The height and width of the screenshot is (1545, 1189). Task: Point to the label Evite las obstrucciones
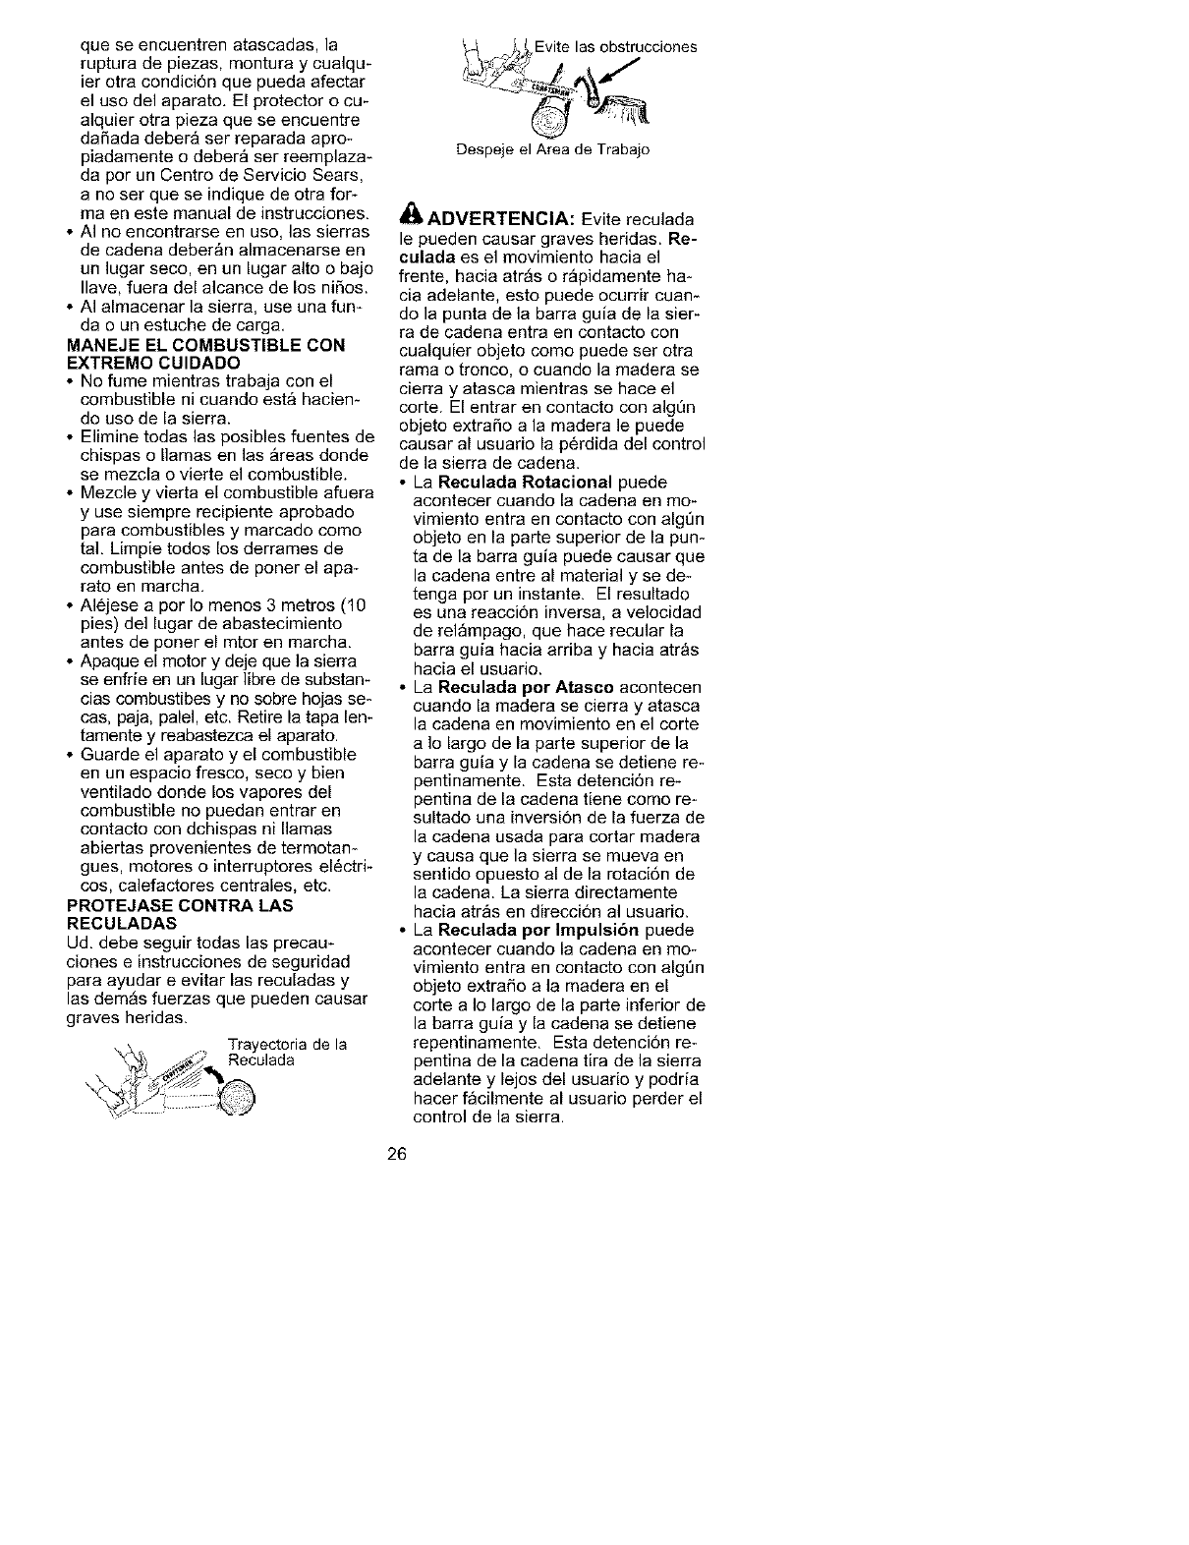(x=616, y=46)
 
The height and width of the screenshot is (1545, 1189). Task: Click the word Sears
(x=345, y=176)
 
